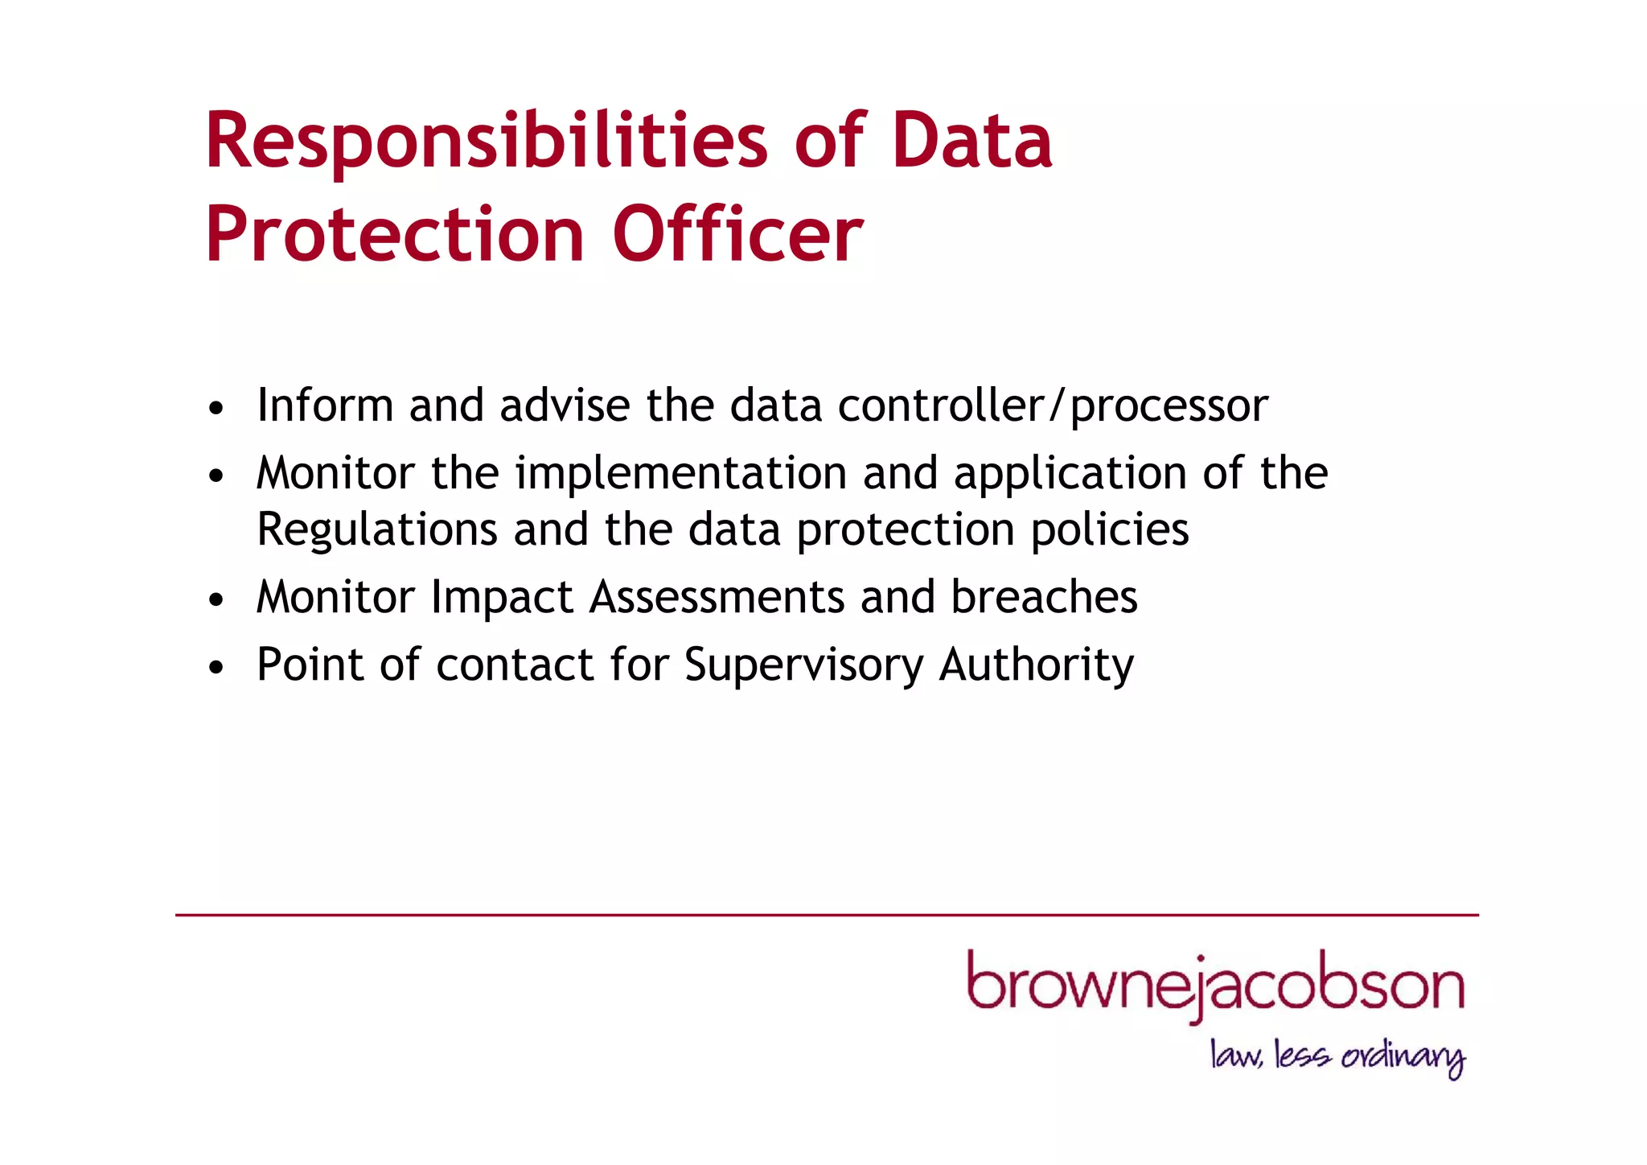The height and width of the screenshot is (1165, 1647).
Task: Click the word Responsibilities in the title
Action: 487,142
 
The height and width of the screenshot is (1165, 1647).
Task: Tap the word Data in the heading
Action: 971,142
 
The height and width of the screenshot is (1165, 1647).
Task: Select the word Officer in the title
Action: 737,235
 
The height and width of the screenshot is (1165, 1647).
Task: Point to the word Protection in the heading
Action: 395,235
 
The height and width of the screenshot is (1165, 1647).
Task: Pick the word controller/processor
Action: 1053,406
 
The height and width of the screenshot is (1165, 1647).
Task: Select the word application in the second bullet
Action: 1070,475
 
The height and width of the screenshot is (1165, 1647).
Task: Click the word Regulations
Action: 377,531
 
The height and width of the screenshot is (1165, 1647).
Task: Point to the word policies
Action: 1110,531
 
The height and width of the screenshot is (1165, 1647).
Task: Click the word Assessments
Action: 717,598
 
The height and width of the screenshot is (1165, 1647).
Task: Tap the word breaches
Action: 1044,598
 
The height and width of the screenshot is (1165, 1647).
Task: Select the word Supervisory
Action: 804,667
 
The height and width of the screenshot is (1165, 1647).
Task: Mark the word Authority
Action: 1036,667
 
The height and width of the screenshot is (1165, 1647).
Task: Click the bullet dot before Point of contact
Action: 215,668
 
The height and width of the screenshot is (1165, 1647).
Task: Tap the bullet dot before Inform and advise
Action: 215,409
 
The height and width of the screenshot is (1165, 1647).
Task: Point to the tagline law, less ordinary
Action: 1337,1056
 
